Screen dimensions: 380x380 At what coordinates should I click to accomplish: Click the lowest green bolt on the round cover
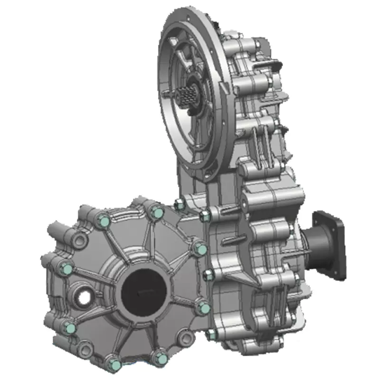(x=114, y=365)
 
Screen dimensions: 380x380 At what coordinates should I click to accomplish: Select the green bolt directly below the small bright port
(x=70, y=328)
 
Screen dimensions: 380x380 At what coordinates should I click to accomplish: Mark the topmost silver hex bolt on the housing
(x=180, y=205)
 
